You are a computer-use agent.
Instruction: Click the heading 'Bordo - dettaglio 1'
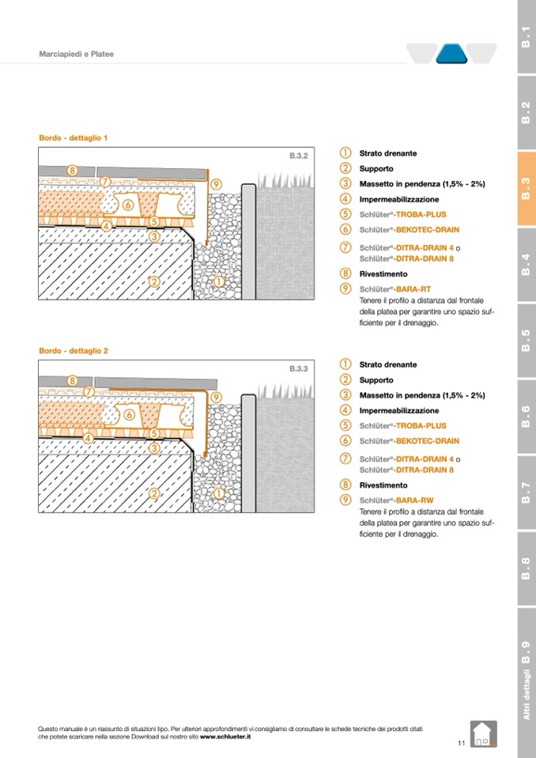pyautogui.click(x=74, y=138)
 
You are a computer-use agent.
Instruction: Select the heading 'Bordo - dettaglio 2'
pyautogui.click(x=74, y=350)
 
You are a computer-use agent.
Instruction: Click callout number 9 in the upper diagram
pyautogui.click(x=216, y=185)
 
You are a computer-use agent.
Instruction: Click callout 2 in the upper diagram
pyautogui.click(x=155, y=281)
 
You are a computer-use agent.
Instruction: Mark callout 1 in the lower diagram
pyautogui.click(x=219, y=493)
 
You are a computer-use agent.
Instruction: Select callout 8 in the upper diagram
pyautogui.click(x=72, y=170)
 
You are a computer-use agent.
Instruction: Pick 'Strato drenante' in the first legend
pyautogui.click(x=388, y=153)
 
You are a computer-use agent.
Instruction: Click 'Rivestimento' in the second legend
pyautogui.click(x=383, y=485)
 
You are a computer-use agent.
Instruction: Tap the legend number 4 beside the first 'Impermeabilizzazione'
pyautogui.click(x=345, y=199)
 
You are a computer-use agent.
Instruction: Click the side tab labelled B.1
pyautogui.click(x=525, y=37)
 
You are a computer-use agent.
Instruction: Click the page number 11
pyautogui.click(x=461, y=743)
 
